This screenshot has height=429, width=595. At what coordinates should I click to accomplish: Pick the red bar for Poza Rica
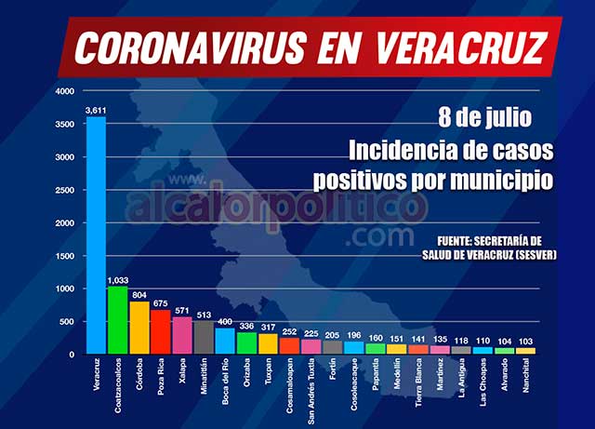161,331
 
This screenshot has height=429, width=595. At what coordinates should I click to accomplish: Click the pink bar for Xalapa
182,335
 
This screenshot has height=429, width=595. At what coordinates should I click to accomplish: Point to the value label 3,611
96,110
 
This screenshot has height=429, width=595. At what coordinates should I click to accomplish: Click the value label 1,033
118,279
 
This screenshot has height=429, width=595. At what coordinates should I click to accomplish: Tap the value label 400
225,321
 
